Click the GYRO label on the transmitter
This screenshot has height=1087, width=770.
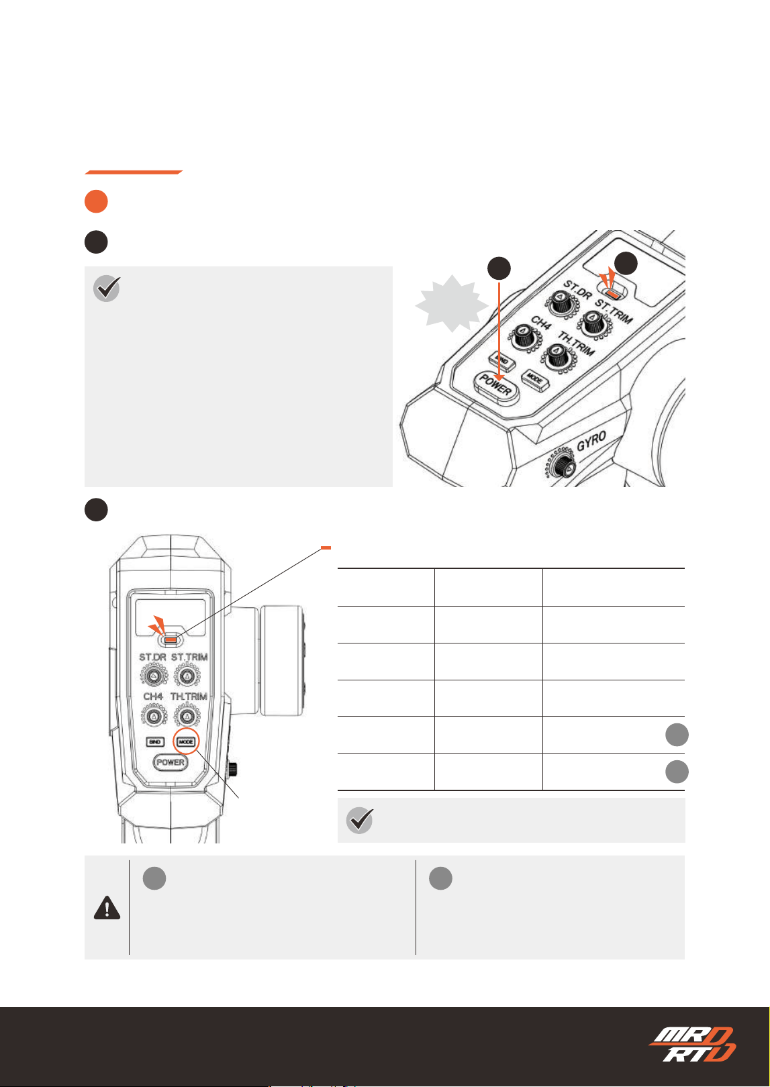pos(591,441)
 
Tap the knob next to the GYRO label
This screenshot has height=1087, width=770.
pos(562,466)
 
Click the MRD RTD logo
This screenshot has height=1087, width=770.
pos(691,1044)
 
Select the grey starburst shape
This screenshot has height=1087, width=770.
pos(452,303)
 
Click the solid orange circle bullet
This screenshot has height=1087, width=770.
pos(96,201)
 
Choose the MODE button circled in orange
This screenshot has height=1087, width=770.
pos(186,741)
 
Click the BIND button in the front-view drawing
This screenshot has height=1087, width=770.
pos(155,742)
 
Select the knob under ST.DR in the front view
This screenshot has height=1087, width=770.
pos(154,676)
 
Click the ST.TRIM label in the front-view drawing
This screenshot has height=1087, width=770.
pos(189,657)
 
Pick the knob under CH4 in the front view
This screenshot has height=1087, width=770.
pos(154,716)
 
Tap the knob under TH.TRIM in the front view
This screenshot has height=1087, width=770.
pos(187,716)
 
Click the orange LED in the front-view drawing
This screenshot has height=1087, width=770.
pos(171,640)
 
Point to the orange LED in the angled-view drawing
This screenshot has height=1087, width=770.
pos(614,294)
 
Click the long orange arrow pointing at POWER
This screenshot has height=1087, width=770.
pos(499,331)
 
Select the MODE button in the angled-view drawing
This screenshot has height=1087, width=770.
pos(535,379)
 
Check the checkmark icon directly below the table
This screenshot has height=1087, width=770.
pos(360,820)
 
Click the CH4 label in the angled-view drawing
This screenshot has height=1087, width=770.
pos(541,323)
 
